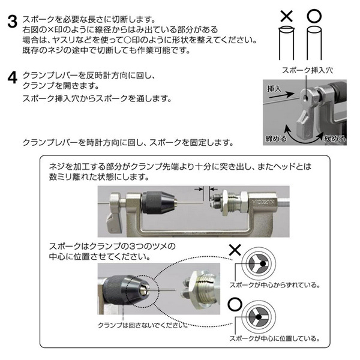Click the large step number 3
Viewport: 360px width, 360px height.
[13, 22]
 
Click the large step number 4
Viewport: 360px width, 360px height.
[13, 77]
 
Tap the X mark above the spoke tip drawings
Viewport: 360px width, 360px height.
[287, 16]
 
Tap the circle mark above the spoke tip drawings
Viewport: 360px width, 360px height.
[314, 16]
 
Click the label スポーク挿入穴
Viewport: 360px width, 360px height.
[307, 70]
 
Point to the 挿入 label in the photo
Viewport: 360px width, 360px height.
[274, 88]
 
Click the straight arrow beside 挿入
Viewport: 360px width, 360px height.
[282, 95]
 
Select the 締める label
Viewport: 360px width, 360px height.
[276, 139]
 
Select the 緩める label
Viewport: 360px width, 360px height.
[335, 139]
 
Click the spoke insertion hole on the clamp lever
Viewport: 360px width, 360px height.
[305, 98]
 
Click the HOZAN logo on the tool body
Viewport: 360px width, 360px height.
[263, 203]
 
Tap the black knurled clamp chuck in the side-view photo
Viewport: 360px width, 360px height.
[155, 203]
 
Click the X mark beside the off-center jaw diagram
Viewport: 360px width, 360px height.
[235, 250]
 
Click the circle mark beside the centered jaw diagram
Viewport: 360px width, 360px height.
[235, 304]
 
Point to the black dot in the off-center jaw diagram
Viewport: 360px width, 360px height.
[263, 263]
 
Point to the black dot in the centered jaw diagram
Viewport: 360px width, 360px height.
[259, 317]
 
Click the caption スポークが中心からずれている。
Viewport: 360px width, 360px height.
[275, 285]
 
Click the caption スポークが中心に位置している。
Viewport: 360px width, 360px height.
[275, 338]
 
